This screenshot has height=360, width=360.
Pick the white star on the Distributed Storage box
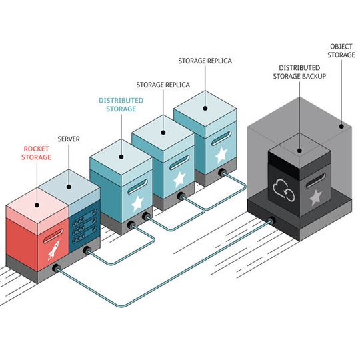tap(137, 203)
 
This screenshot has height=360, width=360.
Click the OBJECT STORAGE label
tap(343, 51)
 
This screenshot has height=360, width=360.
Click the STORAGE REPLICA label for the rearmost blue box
tap(205, 61)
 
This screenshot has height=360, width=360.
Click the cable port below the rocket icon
tap(56, 269)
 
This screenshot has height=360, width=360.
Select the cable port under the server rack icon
tap(87, 252)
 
